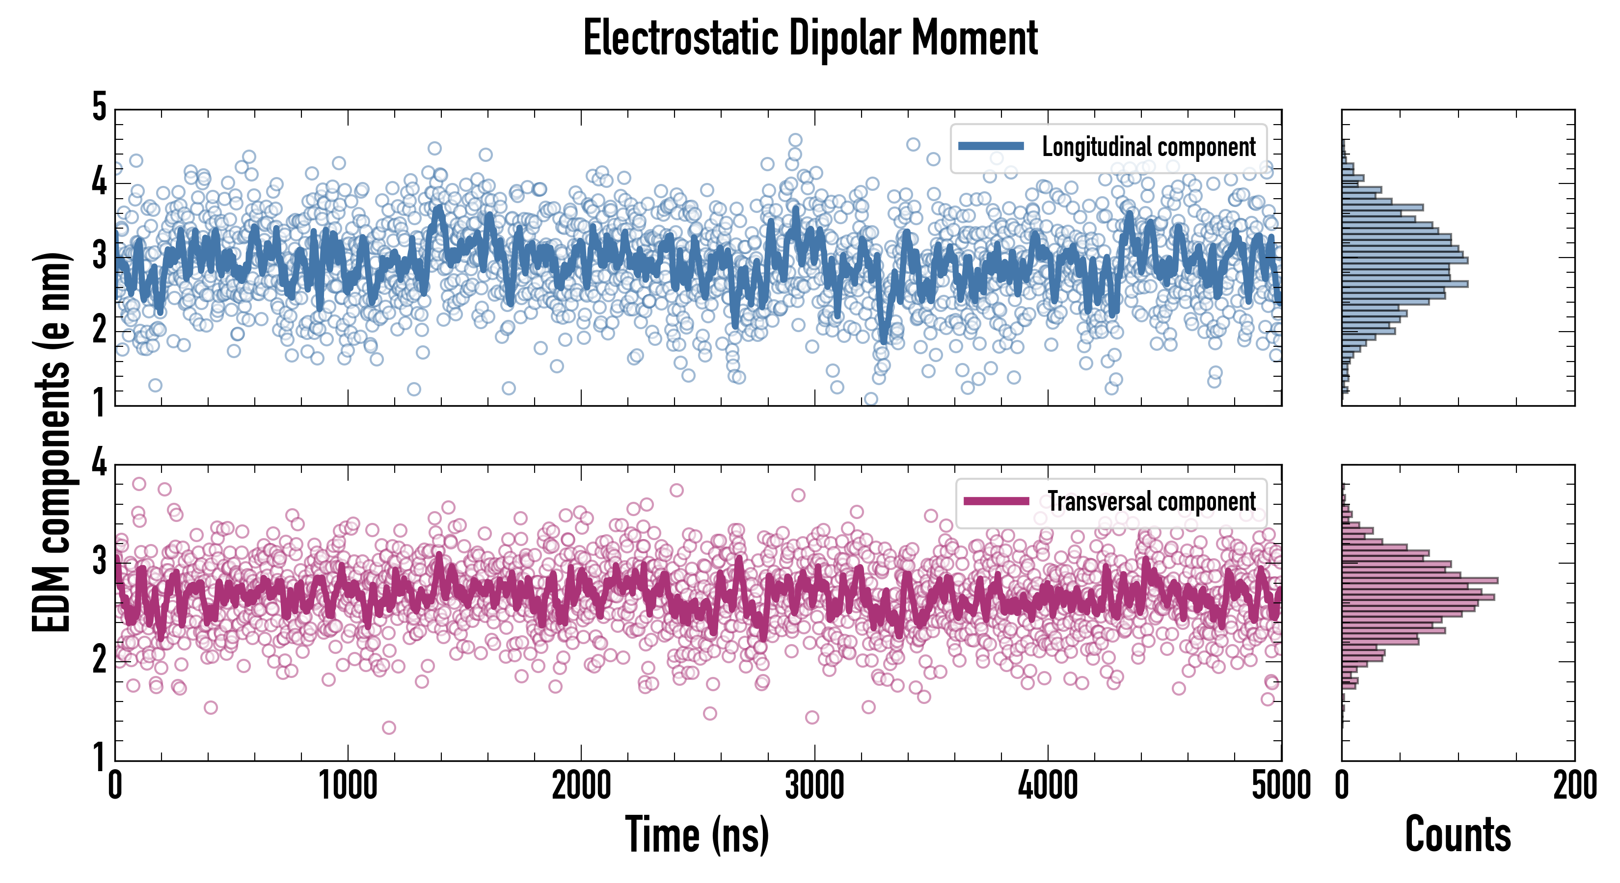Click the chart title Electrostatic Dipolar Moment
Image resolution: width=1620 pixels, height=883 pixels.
(x=810, y=39)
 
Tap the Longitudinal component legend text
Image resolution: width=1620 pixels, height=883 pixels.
(x=1148, y=147)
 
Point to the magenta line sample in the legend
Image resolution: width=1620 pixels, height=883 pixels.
(x=996, y=501)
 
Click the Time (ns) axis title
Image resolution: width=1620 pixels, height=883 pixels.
(x=697, y=834)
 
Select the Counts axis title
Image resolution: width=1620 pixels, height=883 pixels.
(x=1457, y=834)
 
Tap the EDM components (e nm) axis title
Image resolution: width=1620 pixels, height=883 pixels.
(x=52, y=442)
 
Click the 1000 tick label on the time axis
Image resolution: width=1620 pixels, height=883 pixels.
(x=348, y=785)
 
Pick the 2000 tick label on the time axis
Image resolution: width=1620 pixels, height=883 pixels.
(x=581, y=785)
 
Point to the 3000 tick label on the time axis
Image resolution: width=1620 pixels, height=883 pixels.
(x=814, y=785)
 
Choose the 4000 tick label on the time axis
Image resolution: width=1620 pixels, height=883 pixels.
(x=1048, y=785)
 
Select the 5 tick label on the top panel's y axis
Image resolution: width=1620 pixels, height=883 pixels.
(x=99, y=107)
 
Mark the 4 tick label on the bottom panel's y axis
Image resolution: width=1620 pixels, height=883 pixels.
(x=99, y=464)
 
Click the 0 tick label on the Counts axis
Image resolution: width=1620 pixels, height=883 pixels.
(x=1342, y=785)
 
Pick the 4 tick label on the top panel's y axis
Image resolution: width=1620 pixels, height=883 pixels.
(x=99, y=182)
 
